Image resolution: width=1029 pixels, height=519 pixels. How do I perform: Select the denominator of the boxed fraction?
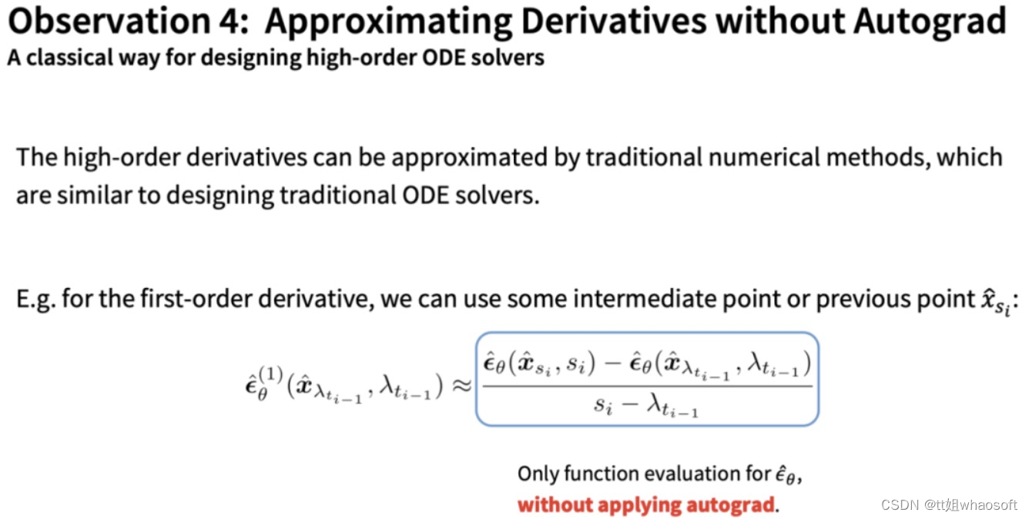645,406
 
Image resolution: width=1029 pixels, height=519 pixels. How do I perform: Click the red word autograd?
728,506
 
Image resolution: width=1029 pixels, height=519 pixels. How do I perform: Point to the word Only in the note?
536,474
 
